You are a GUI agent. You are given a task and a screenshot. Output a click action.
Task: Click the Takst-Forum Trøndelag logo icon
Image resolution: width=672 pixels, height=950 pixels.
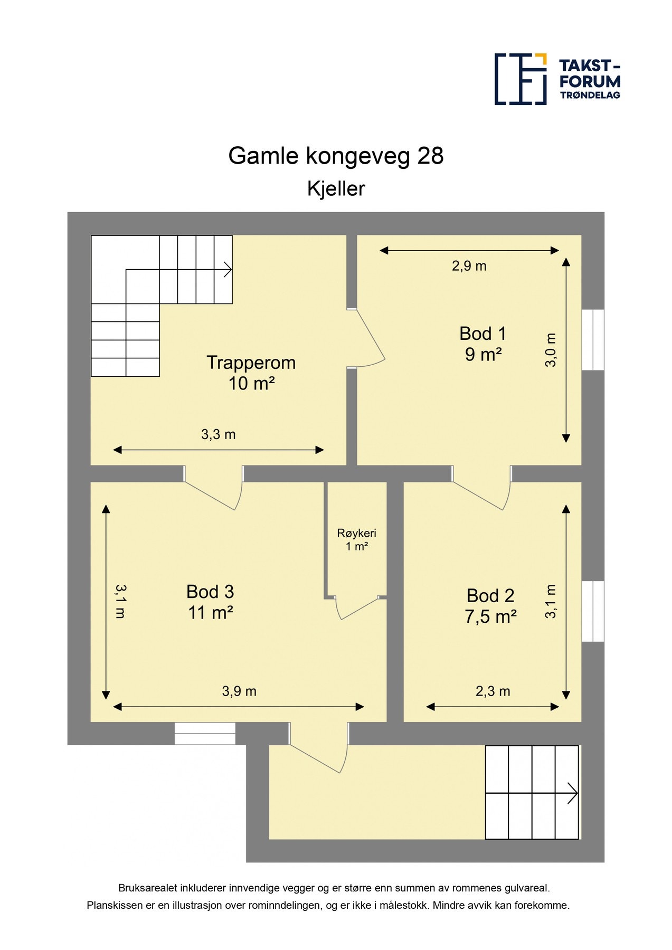point(520,79)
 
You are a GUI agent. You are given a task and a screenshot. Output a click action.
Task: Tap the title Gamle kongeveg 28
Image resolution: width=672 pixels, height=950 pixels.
point(336,156)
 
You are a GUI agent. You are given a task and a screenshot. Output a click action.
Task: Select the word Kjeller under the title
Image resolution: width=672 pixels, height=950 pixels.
point(336,188)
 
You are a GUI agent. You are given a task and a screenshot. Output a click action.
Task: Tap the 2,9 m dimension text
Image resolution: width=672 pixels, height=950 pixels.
point(469,266)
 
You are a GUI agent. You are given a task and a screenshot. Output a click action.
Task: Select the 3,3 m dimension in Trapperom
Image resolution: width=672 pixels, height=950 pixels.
point(218,434)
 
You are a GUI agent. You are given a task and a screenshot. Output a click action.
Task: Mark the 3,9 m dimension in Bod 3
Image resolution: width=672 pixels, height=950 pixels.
point(239,691)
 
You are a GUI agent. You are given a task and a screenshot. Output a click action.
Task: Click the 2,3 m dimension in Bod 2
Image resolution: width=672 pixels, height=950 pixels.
point(493,691)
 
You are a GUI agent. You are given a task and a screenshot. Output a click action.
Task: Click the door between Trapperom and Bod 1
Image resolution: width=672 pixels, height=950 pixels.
point(368,338)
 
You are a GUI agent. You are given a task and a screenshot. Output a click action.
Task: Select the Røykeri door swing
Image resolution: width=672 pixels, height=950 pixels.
point(357,608)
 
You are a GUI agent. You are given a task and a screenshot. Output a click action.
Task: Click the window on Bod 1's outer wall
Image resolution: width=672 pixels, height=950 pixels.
point(593,339)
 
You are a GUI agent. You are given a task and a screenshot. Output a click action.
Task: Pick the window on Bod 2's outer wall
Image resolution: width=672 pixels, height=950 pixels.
point(593,611)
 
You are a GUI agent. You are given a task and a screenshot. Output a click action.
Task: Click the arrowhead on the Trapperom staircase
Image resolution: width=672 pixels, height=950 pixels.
point(228,270)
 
